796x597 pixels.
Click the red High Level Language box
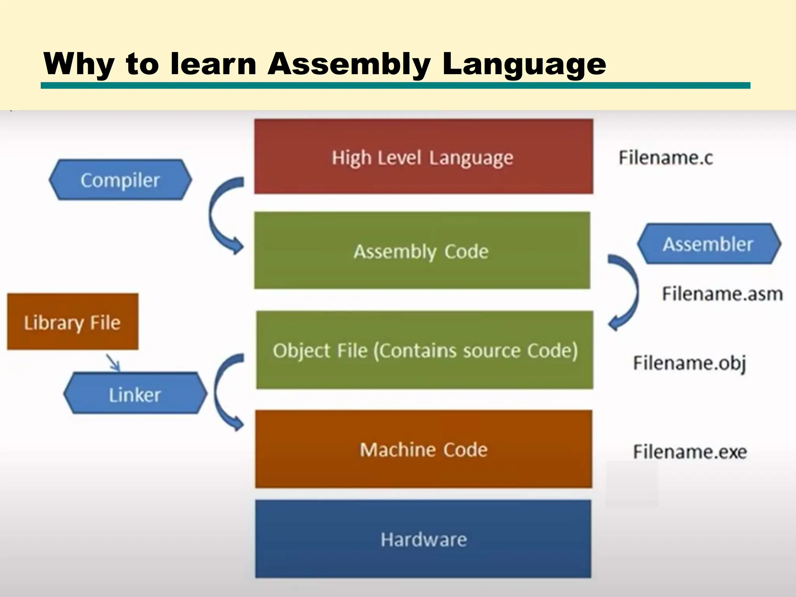pyautogui.click(x=423, y=157)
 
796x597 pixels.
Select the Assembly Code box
pyautogui.click(x=422, y=250)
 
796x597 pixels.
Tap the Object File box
pyautogui.click(x=424, y=350)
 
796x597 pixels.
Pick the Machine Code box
pyautogui.click(x=424, y=449)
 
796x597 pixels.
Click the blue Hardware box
pyautogui.click(x=423, y=539)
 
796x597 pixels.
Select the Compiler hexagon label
pyautogui.click(x=120, y=180)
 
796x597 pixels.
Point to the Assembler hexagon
pyautogui.click(x=708, y=244)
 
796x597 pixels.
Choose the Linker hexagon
pyautogui.click(x=135, y=393)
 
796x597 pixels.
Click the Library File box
pyautogui.click(x=73, y=322)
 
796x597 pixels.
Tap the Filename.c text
pyautogui.click(x=666, y=158)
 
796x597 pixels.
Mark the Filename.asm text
pyautogui.click(x=722, y=294)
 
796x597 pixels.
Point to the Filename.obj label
pyautogui.click(x=690, y=363)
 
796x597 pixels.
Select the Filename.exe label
pyautogui.click(x=690, y=452)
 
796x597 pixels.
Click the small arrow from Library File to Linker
pyautogui.click(x=113, y=362)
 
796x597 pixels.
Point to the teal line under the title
pyautogui.click(x=395, y=86)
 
